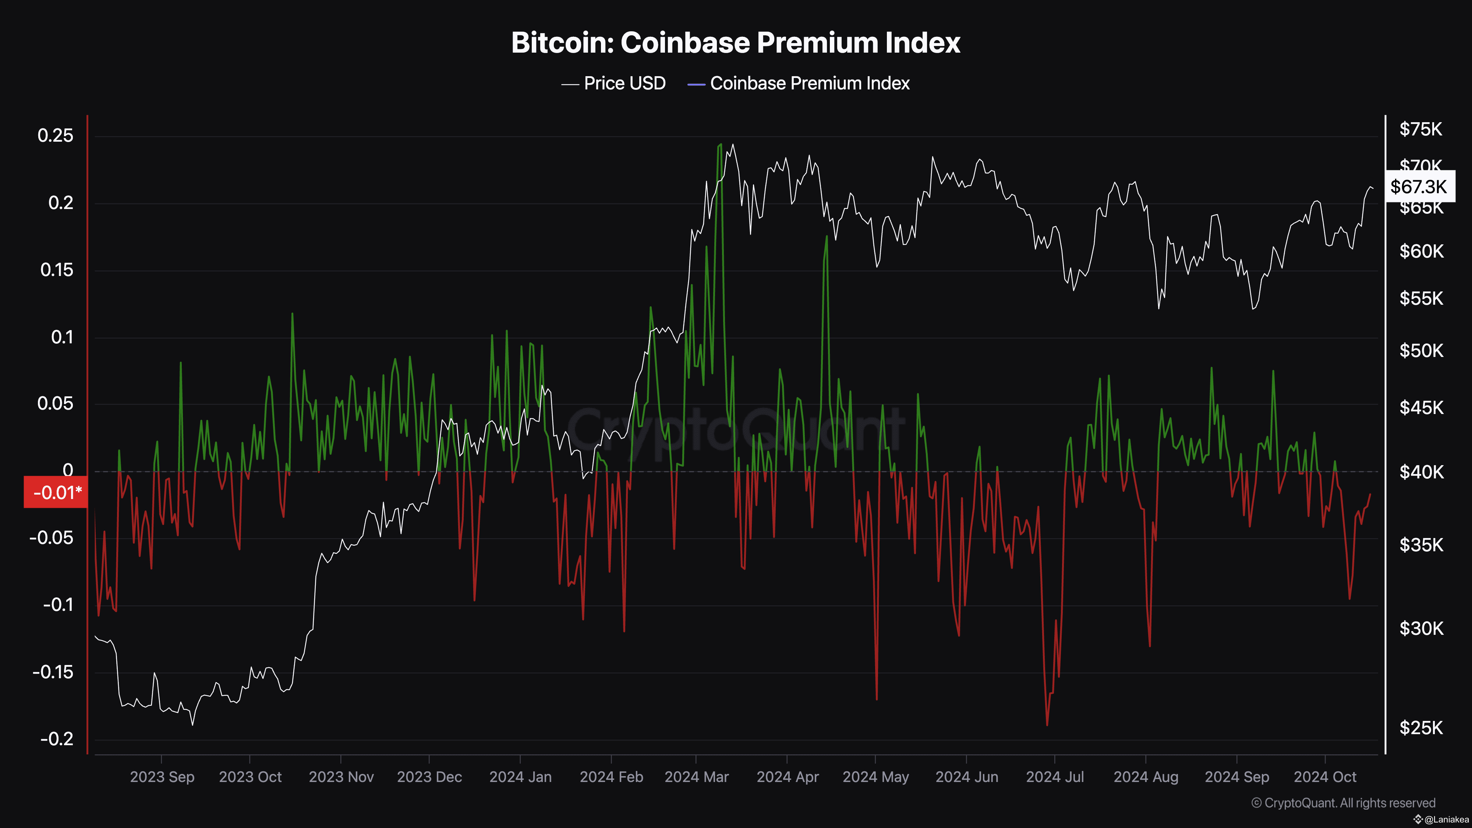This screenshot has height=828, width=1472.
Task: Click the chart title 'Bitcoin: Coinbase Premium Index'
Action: click(x=735, y=43)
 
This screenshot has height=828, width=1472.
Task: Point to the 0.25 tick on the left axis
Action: click(x=56, y=136)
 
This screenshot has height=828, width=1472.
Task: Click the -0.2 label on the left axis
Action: click(x=57, y=739)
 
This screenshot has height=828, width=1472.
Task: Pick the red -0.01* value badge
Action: click(x=56, y=493)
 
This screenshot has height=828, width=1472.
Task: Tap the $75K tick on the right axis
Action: click(x=1420, y=130)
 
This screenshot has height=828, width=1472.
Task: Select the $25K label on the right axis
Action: click(x=1420, y=728)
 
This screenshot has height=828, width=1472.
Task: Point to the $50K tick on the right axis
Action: click(x=1420, y=351)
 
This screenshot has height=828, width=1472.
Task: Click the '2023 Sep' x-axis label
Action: click(x=162, y=777)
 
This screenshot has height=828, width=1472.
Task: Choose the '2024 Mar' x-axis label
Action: click(x=697, y=777)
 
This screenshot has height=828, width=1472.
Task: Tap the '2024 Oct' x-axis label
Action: click(x=1324, y=777)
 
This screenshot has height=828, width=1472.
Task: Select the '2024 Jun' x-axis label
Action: click(x=967, y=777)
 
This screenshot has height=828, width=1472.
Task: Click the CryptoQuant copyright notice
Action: click(x=1343, y=803)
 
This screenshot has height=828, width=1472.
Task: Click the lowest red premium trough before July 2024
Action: click(x=1047, y=725)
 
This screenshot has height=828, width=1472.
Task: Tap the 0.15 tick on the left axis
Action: click(x=57, y=270)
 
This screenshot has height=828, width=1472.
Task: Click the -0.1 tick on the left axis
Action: click(x=58, y=605)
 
